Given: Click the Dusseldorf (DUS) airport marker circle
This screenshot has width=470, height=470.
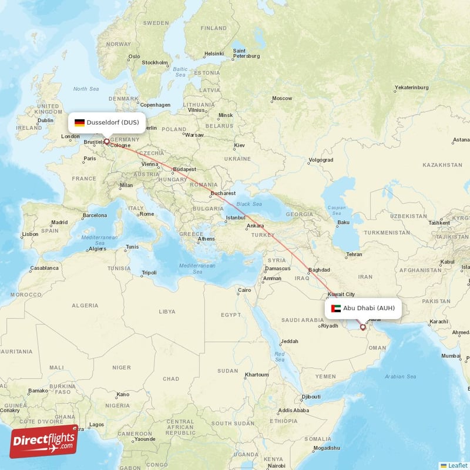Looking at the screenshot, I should (x=106, y=142).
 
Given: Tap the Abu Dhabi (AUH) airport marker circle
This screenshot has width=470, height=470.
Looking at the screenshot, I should (x=362, y=327).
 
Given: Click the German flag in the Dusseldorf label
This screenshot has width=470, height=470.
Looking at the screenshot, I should (x=79, y=123).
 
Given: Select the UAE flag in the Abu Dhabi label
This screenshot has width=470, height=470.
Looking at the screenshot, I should (x=336, y=308).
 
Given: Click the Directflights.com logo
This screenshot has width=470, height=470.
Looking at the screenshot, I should (x=43, y=441).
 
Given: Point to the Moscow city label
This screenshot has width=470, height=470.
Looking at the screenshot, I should (x=282, y=98).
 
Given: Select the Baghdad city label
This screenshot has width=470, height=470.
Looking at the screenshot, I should (x=320, y=270).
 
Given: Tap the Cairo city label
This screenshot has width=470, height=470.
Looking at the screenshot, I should (x=244, y=290).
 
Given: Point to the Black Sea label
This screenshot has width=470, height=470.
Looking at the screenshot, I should (x=249, y=204).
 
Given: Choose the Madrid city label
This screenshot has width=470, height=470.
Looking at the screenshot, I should (x=59, y=223).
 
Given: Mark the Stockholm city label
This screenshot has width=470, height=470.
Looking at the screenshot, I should (x=155, y=62).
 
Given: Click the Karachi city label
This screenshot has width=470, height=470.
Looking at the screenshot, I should (x=438, y=321).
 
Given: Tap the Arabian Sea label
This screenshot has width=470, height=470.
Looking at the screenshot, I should (x=400, y=376).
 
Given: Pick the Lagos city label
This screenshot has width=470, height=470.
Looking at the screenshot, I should (x=96, y=424).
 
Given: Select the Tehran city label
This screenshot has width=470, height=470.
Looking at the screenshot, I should (x=354, y=254).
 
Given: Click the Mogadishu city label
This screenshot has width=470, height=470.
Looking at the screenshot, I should (x=326, y=448).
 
